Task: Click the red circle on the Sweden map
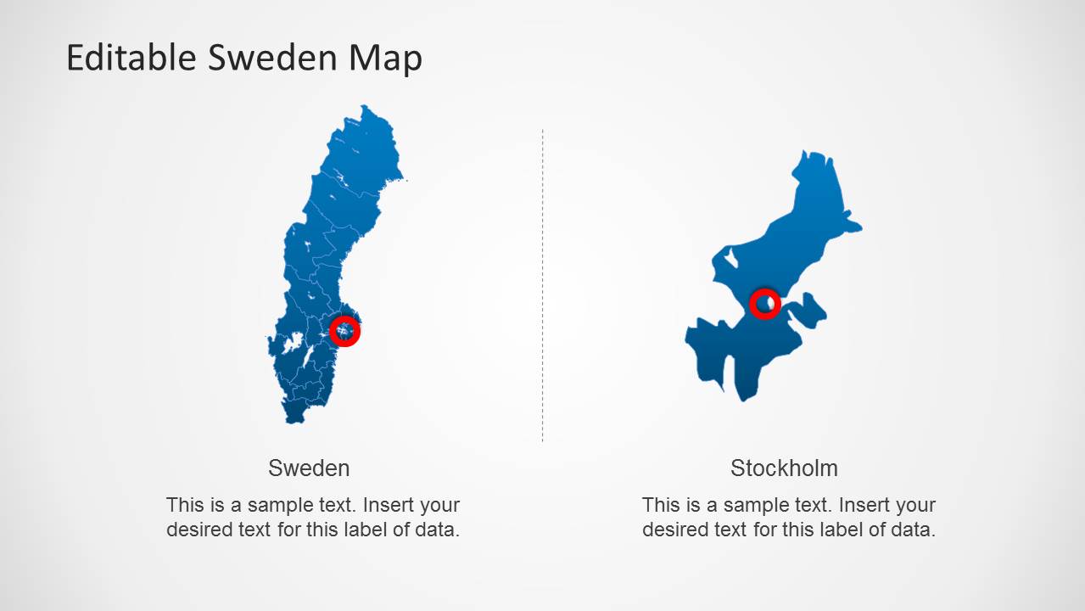[x=344, y=330]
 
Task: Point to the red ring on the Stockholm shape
[x=764, y=303]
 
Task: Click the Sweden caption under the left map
[x=309, y=468]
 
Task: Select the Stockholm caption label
[x=784, y=468]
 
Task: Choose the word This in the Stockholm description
[x=659, y=505]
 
